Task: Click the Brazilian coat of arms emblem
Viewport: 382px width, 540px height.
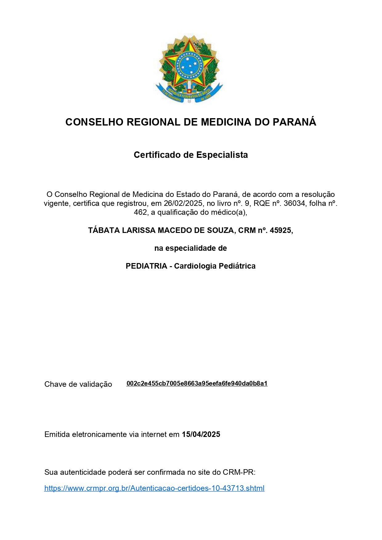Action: click(189, 69)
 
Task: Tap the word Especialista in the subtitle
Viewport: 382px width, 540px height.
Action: click(222, 155)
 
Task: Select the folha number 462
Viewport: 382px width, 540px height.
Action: click(140, 212)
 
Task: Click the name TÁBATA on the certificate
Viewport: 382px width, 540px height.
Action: click(104, 230)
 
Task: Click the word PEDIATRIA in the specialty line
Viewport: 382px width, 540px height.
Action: click(146, 266)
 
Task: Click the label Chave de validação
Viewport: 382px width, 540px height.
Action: click(78, 384)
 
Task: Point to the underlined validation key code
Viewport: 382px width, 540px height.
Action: click(197, 384)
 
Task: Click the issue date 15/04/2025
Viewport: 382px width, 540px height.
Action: click(201, 434)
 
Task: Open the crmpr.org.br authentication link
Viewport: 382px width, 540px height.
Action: click(154, 488)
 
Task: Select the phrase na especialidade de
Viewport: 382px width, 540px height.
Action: click(190, 248)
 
